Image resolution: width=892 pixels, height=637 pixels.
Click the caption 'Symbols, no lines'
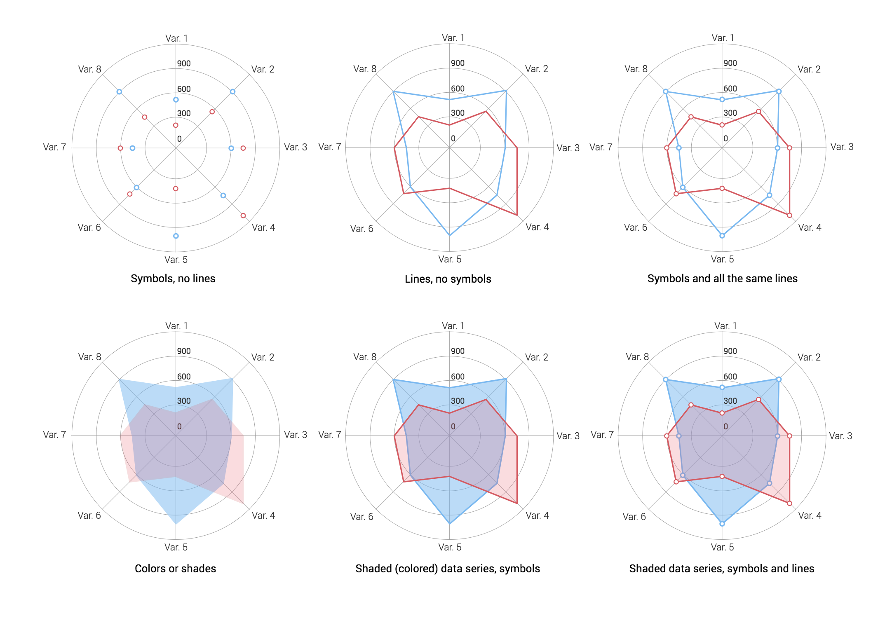[x=173, y=279]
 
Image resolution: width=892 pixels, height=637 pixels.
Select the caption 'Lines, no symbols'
[x=448, y=279]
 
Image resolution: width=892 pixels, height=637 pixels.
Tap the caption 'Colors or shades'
[x=176, y=569]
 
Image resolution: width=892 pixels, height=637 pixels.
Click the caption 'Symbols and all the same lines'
[x=723, y=279]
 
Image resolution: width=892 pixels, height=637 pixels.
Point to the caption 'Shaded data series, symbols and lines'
[x=722, y=569]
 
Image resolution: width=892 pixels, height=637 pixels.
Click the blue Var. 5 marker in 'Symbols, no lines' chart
[x=176, y=236]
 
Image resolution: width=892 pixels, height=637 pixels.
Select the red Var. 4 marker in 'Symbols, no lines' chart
[x=243, y=215]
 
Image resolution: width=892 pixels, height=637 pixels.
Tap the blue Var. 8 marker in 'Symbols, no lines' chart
[x=119, y=91]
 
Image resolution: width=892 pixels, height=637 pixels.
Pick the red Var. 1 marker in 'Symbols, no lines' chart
[x=176, y=125]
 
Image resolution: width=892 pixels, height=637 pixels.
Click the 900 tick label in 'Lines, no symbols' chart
[x=458, y=63]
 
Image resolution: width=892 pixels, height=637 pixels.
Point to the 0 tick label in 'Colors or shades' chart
[x=179, y=426]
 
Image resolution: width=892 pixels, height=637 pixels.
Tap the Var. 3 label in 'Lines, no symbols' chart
[x=568, y=148]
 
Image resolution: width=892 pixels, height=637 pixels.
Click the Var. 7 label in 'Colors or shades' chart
[x=54, y=435]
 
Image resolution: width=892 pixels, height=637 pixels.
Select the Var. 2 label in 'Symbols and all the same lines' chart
[x=809, y=69]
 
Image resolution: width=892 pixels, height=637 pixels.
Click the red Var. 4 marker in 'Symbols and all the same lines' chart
[x=789, y=215]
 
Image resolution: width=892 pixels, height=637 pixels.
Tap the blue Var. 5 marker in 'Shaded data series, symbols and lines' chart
[x=722, y=524]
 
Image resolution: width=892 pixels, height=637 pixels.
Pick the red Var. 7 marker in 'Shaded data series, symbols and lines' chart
[x=667, y=436]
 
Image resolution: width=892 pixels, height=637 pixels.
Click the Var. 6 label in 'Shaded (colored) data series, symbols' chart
[x=361, y=517]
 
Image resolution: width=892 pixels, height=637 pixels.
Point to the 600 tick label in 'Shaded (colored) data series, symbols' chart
[x=458, y=377]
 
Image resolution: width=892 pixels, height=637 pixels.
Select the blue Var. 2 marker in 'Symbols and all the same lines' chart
[x=779, y=91]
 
